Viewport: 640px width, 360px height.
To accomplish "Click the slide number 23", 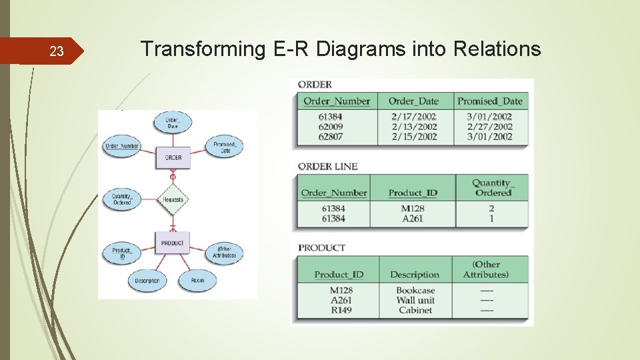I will (57, 51).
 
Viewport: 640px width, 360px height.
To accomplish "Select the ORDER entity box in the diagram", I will (173, 157).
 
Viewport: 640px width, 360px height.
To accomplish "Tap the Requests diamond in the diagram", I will (173, 199).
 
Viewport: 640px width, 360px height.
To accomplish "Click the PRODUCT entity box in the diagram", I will (173, 243).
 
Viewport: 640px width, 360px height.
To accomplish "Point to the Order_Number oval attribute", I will (121, 147).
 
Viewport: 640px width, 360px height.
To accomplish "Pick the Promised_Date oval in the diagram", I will (225, 147).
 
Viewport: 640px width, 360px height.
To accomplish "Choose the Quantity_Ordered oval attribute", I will (121, 199).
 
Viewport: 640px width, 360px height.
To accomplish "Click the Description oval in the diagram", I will (147, 281).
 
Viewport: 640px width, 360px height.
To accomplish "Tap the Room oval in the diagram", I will (198, 281).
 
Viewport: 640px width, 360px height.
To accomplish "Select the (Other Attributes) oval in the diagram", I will (224, 253).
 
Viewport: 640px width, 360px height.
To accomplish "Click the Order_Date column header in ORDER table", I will (413, 101).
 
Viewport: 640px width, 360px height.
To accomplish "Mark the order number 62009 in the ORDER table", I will (331, 127).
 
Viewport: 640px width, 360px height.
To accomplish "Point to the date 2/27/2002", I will (489, 127).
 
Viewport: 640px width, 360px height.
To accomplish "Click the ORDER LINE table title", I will (327, 167).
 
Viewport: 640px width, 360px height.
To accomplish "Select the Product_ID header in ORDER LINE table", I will (413, 193).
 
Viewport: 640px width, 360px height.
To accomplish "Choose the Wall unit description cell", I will (415, 300).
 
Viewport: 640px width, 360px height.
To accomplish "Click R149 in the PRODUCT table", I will (341, 310).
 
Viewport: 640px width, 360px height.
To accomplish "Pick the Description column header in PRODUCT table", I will (415, 275).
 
